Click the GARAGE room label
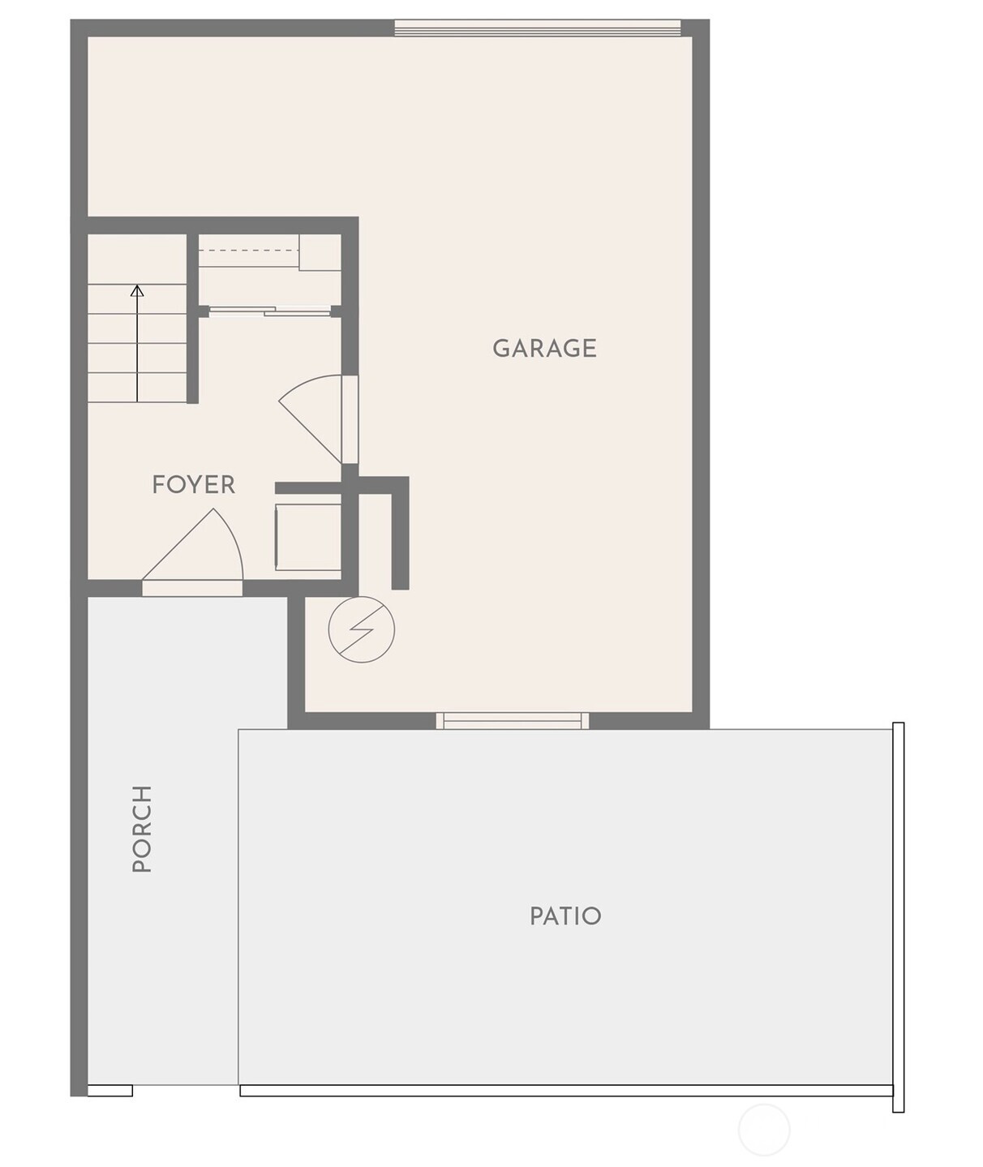coord(544,348)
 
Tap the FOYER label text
coord(194,485)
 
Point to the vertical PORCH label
coord(142,829)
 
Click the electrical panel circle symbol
coord(361,629)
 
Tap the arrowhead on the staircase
coord(137,290)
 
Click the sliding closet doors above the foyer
coord(270,311)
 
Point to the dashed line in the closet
coord(249,251)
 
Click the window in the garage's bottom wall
coord(513,720)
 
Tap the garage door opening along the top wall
coord(538,28)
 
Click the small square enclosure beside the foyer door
coord(308,537)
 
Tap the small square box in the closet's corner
coord(320,252)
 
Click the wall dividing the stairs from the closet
coord(192,318)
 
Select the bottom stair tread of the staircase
coord(137,388)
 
